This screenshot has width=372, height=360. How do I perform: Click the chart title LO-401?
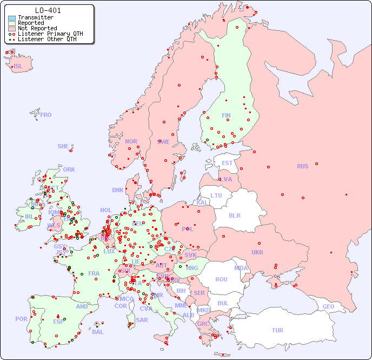[48, 10]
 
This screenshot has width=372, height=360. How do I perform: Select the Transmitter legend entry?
[35, 18]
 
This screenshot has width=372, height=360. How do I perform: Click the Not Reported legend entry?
[37, 28]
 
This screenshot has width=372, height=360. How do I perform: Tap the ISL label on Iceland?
[18, 67]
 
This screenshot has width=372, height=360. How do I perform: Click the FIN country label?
[226, 115]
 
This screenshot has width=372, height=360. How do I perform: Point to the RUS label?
[302, 166]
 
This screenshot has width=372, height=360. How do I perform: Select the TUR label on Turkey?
[277, 330]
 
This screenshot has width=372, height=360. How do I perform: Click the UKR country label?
[257, 252]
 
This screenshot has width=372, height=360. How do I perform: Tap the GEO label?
[328, 306]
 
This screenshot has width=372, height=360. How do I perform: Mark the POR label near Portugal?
[21, 319]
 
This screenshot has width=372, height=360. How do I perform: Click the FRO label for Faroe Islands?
[46, 115]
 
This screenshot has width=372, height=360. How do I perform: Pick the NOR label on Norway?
[131, 141]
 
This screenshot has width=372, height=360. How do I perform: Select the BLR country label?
[235, 215]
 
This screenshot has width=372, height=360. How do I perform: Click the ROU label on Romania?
[221, 279]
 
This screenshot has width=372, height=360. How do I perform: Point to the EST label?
[227, 163]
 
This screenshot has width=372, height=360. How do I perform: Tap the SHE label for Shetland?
[63, 146]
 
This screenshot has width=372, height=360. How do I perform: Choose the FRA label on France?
[94, 273]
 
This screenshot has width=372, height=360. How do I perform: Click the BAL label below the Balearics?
[97, 332]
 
